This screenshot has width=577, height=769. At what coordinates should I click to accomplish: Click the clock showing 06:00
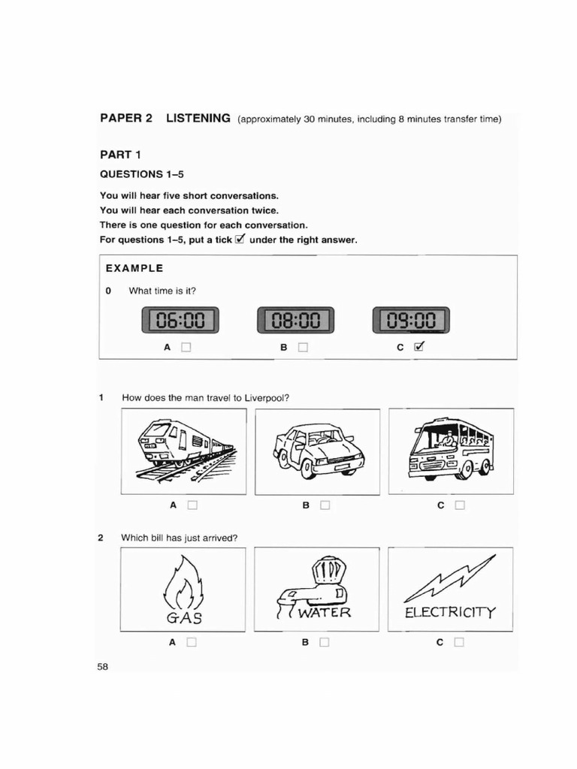[x=180, y=321]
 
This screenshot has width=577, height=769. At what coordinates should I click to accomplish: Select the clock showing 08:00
[x=296, y=321]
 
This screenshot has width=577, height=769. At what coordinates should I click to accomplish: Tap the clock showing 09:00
[x=411, y=321]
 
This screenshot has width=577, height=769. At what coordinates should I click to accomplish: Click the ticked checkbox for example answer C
[x=420, y=347]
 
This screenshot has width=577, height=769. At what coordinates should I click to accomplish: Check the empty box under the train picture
[x=192, y=505]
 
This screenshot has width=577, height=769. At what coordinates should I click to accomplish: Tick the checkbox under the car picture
[x=325, y=505]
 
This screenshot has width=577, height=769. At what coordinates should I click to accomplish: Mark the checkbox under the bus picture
[x=460, y=505]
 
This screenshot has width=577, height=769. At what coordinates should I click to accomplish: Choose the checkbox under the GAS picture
[x=192, y=642]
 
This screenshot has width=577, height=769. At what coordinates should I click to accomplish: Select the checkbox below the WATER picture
[x=325, y=642]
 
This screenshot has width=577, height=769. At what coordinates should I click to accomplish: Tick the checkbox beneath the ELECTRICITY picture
[x=460, y=642]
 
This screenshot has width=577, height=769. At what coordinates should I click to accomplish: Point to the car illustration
[x=318, y=451]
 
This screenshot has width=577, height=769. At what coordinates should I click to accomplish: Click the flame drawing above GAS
[x=180, y=582]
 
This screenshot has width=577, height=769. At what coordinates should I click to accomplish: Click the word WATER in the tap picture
[x=325, y=613]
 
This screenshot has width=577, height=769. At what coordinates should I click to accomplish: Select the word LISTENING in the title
[x=198, y=118]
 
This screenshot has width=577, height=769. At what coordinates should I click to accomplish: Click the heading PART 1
[x=121, y=155]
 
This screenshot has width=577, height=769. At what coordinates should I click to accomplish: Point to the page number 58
[x=102, y=668]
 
